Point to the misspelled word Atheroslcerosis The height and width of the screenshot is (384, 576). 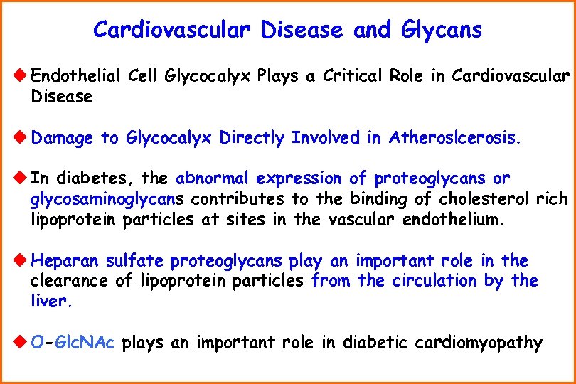pyautogui.click(x=455, y=138)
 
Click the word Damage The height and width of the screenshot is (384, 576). pyautogui.click(x=63, y=138)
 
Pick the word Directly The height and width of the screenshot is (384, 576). pyautogui.click(x=253, y=138)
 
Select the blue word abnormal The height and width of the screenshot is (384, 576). pyautogui.click(x=213, y=178)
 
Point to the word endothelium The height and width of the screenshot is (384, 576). pyautogui.click(x=454, y=220)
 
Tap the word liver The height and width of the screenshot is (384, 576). pyautogui.click(x=51, y=302)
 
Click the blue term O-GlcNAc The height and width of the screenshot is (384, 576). pyautogui.click(x=74, y=343)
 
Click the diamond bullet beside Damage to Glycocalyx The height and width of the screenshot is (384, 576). pyautogui.click(x=21, y=138)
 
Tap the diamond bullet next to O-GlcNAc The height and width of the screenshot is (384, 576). pyautogui.click(x=21, y=343)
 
